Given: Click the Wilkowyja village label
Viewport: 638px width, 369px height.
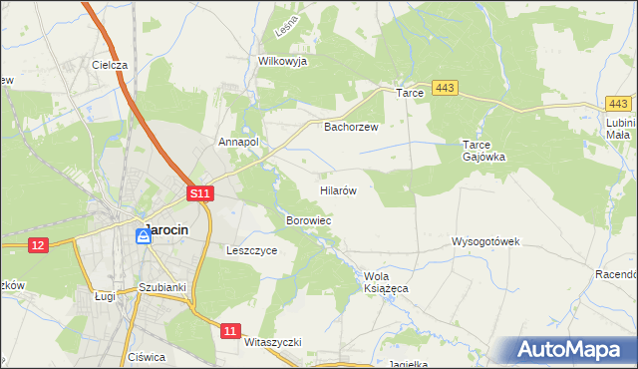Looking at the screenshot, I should [282, 61].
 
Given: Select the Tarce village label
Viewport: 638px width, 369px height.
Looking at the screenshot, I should [411, 93].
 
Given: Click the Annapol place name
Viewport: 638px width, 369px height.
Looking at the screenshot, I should [239, 142].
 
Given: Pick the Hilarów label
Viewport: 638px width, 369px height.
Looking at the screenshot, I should [338, 188].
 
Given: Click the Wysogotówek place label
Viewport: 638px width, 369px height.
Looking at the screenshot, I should [485, 241].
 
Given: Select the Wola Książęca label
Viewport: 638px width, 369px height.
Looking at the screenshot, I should [387, 282].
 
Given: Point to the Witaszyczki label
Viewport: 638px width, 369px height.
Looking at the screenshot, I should [272, 341].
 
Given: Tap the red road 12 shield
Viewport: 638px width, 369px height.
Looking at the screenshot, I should [38, 245].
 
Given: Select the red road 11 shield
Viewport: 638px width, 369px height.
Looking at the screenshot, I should [231, 330].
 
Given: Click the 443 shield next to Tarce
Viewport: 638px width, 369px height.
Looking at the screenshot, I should [446, 90].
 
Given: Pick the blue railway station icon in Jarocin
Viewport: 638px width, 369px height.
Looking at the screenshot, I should [144, 236].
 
